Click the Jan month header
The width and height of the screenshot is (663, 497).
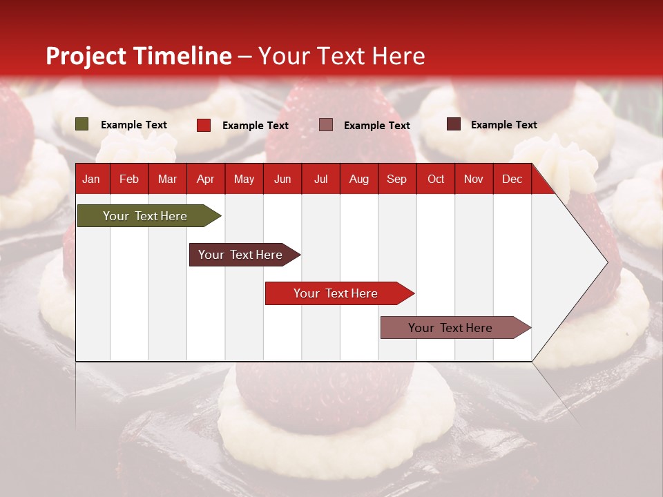pos(91,179)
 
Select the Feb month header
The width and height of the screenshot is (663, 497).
pos(129,179)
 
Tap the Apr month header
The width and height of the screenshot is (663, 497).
pos(205,179)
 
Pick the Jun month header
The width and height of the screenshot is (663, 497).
pos(282,179)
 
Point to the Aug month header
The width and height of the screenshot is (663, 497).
pos(358,179)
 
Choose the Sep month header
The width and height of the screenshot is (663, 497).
pos(396,179)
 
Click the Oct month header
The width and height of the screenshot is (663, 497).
pos(436,179)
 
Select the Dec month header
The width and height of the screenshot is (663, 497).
pos(512,179)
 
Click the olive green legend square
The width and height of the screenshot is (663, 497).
pos(82,124)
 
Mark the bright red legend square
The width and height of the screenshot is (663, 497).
pos(204,125)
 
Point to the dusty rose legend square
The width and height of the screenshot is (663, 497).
pos(326,125)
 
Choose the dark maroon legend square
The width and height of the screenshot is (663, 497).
pos(454,124)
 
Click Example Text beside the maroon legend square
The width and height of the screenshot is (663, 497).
pos(503,124)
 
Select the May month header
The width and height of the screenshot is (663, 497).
pos(244,179)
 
